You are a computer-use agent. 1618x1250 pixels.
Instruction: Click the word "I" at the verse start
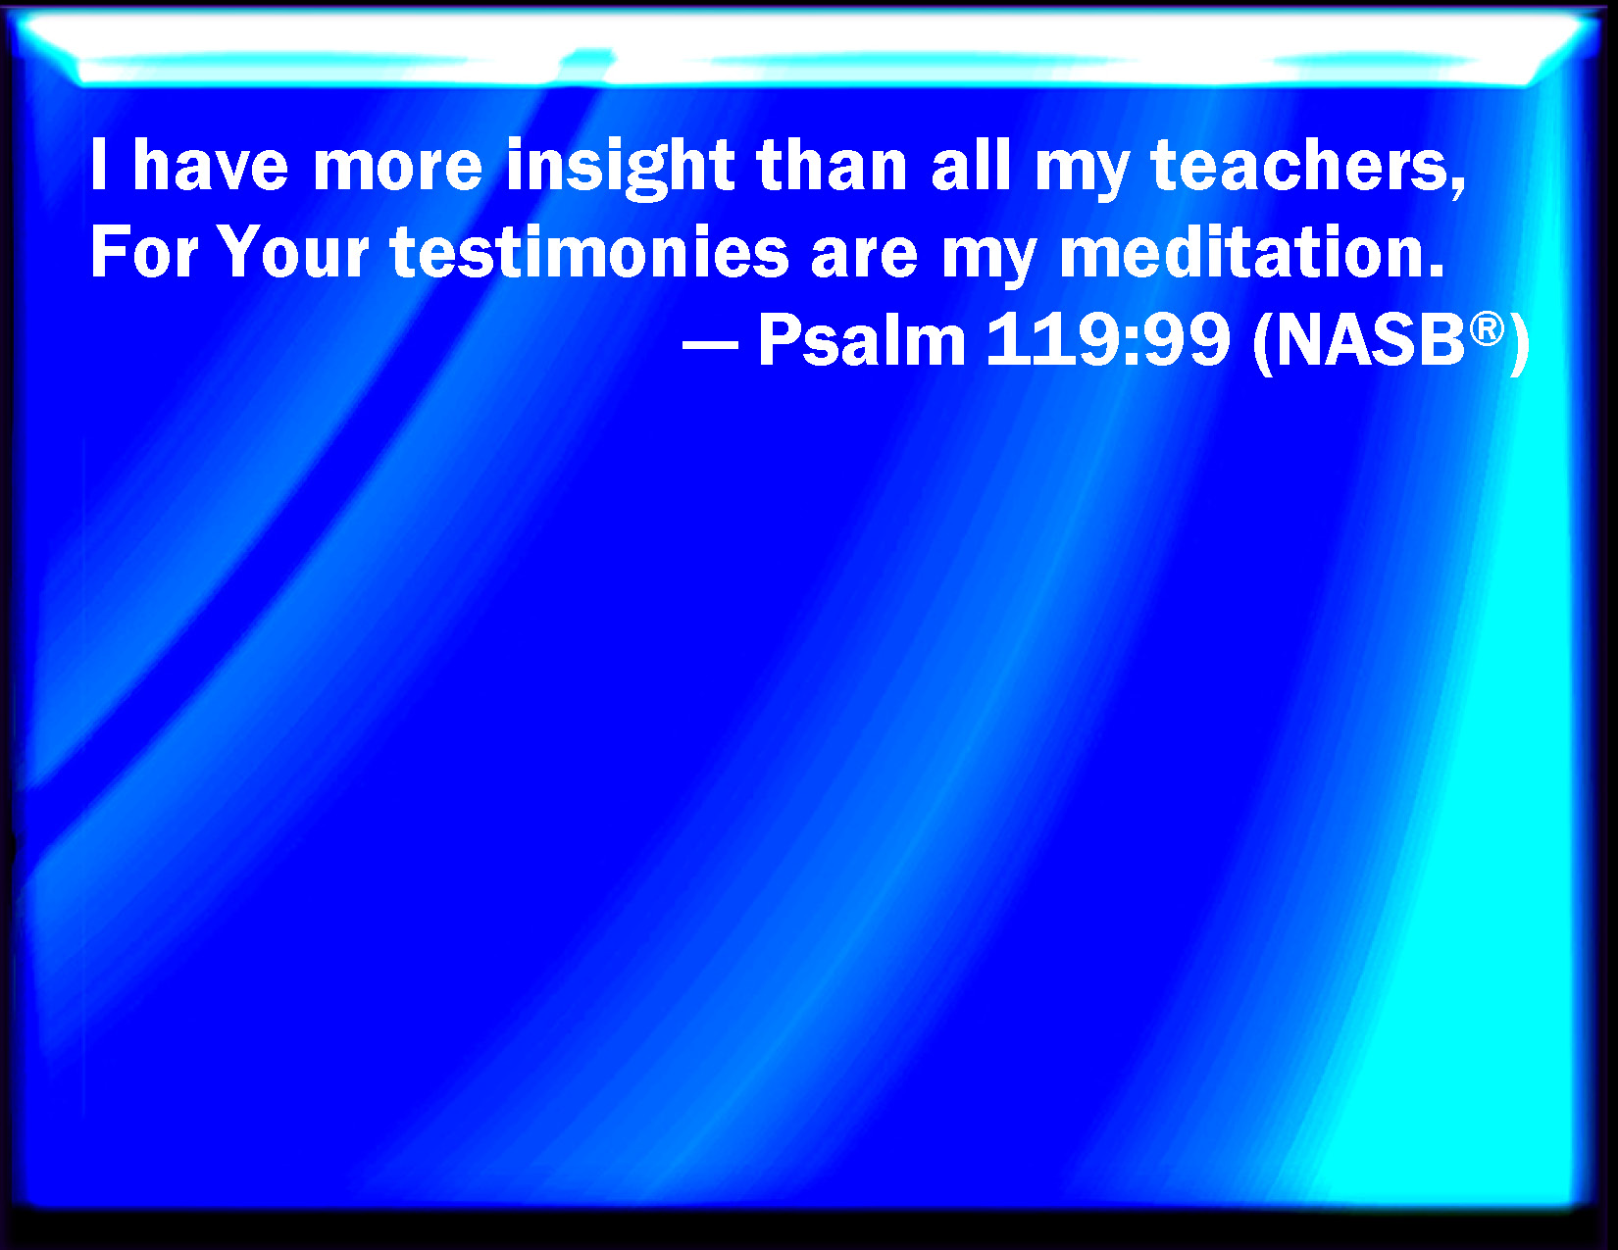pos(98,165)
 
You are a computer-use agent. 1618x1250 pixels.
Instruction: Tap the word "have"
pos(210,165)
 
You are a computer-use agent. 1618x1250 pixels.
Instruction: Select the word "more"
pos(398,171)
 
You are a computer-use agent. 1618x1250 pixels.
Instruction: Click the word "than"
pos(832,165)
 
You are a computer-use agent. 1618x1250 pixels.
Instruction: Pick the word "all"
pos(971,165)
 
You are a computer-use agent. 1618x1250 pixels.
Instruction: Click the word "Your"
pos(295,252)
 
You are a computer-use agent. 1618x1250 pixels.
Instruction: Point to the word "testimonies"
pos(589,252)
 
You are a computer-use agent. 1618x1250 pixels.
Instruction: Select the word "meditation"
pos(1251,252)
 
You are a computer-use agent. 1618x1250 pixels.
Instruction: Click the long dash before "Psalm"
pos(710,345)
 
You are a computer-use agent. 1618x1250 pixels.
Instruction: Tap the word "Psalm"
pos(862,340)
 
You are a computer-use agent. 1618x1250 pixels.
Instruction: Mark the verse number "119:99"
pos(1108,340)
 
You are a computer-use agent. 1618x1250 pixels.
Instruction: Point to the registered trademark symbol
pos(1488,330)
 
